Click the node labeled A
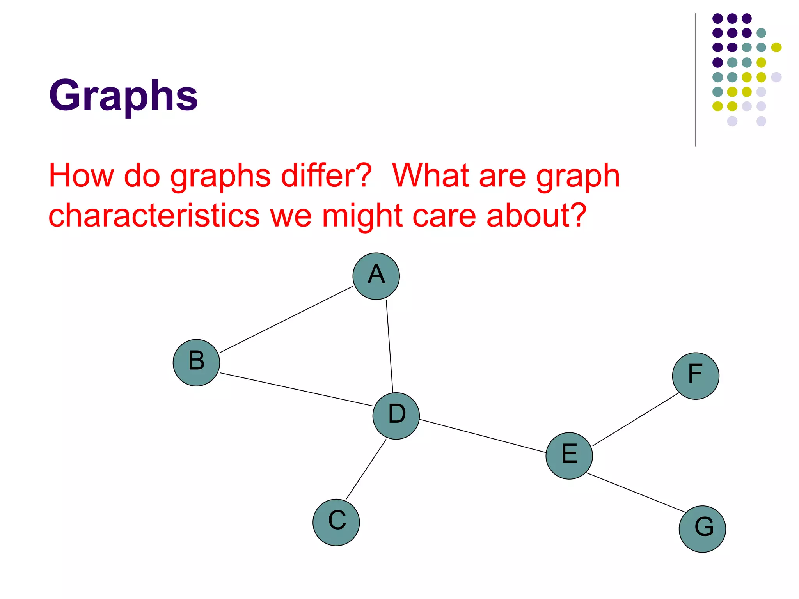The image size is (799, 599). (x=376, y=276)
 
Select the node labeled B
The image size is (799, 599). (x=196, y=362)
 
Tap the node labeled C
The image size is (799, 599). (x=336, y=522)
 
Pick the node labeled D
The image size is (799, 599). (x=396, y=416)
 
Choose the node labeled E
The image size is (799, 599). (x=569, y=455)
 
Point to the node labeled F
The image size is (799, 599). (x=696, y=376)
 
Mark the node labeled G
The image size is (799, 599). (x=702, y=529)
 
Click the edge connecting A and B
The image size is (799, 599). (x=286, y=319)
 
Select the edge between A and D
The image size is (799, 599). (x=389, y=346)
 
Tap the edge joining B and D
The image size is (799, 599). (x=297, y=390)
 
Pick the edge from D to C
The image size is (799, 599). (x=366, y=469)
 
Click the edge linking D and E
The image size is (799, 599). (x=483, y=436)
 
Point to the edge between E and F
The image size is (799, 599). (x=636, y=419)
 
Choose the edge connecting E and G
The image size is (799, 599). (x=636, y=493)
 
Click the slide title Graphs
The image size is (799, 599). (x=123, y=96)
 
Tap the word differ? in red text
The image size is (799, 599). (x=326, y=175)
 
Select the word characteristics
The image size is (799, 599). (x=154, y=216)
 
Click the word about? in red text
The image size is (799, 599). (x=536, y=216)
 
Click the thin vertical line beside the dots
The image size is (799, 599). (x=696, y=80)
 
